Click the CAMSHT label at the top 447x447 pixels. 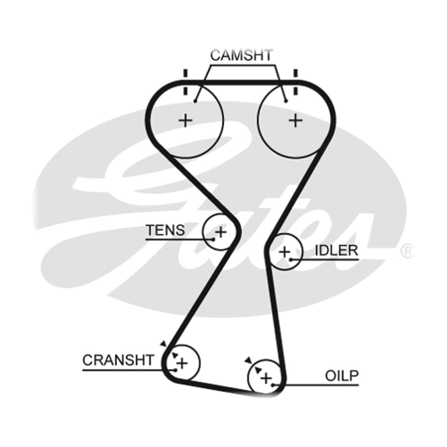click(241, 55)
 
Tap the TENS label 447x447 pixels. click(166, 230)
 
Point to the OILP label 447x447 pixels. click(342, 376)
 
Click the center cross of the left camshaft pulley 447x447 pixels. click(185, 120)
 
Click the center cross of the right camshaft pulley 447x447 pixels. click(295, 120)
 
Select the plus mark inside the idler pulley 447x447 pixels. click(284, 252)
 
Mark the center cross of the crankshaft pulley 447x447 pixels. click(182, 363)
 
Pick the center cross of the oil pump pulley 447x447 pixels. click(266, 378)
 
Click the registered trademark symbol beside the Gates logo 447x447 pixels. click(407, 251)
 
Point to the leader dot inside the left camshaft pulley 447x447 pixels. click(195, 101)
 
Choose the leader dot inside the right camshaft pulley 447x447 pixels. click(286, 101)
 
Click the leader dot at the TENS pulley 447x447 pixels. click(213, 239)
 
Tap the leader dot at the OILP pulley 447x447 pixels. click(273, 385)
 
